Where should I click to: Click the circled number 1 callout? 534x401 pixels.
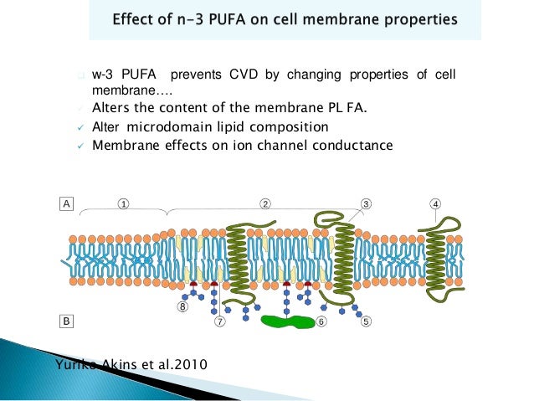[123, 203]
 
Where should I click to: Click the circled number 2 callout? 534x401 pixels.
[264, 203]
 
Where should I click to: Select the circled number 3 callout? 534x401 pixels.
[367, 203]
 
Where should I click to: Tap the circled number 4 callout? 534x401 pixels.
[435, 203]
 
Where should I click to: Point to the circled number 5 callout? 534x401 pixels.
[367, 320]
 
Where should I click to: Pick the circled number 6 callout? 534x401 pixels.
[321, 320]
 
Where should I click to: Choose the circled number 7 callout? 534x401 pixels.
[220, 320]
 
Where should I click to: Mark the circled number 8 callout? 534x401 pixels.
[182, 307]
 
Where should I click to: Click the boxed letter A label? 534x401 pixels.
[65, 203]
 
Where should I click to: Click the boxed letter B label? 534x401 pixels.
[65, 320]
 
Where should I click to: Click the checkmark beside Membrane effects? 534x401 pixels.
[78, 146]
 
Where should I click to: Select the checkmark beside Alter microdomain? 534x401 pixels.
[78, 128]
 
